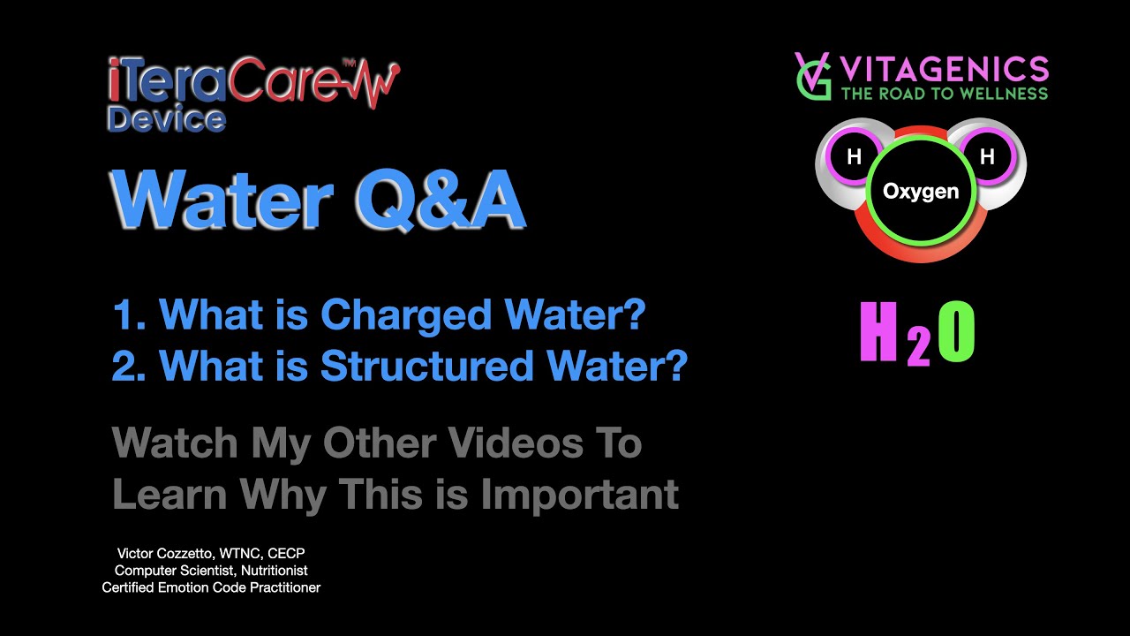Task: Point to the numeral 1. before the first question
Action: pyautogui.click(x=129, y=315)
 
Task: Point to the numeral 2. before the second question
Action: pyautogui.click(x=129, y=367)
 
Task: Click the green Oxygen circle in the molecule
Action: pyautogui.click(x=921, y=191)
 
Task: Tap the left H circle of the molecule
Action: pyautogui.click(x=854, y=157)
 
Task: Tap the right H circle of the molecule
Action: pyautogui.click(x=987, y=157)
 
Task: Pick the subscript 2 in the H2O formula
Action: pyautogui.click(x=918, y=349)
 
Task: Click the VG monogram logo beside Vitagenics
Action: pyautogui.click(x=812, y=76)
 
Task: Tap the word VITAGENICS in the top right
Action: pyautogui.click(x=944, y=68)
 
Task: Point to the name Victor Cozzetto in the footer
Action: pyautogui.click(x=165, y=554)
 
